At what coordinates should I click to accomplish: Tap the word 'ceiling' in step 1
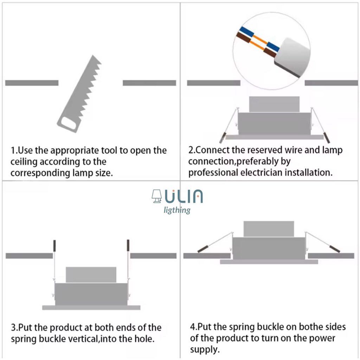pos(24,162)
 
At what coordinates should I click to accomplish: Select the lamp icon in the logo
pos(156,197)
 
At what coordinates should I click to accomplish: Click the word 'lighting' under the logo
pos(177,210)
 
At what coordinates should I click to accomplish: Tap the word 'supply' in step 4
pos(204,349)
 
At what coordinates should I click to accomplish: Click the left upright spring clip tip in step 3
pos(54,245)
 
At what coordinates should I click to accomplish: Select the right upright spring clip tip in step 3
pos(128,245)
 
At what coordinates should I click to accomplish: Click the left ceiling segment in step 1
pos(32,83)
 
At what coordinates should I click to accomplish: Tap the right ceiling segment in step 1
pos(149,83)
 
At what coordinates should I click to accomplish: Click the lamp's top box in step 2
pos(274,104)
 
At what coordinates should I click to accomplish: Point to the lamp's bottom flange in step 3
pos(91,308)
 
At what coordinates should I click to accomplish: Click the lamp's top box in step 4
pos(269,229)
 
